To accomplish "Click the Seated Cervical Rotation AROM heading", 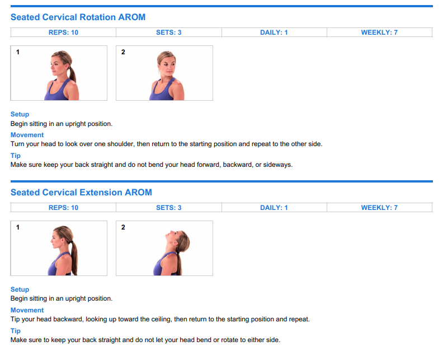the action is (78, 17).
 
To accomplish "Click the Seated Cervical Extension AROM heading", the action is (81, 193).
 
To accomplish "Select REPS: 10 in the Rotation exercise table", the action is (63, 32).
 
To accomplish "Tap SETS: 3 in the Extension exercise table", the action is (169, 208).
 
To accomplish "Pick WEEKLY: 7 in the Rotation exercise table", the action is (379, 32).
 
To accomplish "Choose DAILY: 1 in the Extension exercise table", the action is (274, 208).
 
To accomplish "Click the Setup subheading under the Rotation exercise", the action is (20, 114).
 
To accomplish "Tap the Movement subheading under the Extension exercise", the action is (27, 310).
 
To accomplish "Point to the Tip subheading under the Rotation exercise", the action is (16, 156).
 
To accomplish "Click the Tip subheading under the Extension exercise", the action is (16, 331).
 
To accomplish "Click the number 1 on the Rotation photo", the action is (18, 52).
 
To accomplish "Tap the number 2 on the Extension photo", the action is (123, 227).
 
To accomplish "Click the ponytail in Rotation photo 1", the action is (73, 74).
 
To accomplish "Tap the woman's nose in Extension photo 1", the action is (51, 241).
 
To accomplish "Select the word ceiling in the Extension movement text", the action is (161, 320).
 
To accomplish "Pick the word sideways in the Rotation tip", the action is (277, 165).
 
